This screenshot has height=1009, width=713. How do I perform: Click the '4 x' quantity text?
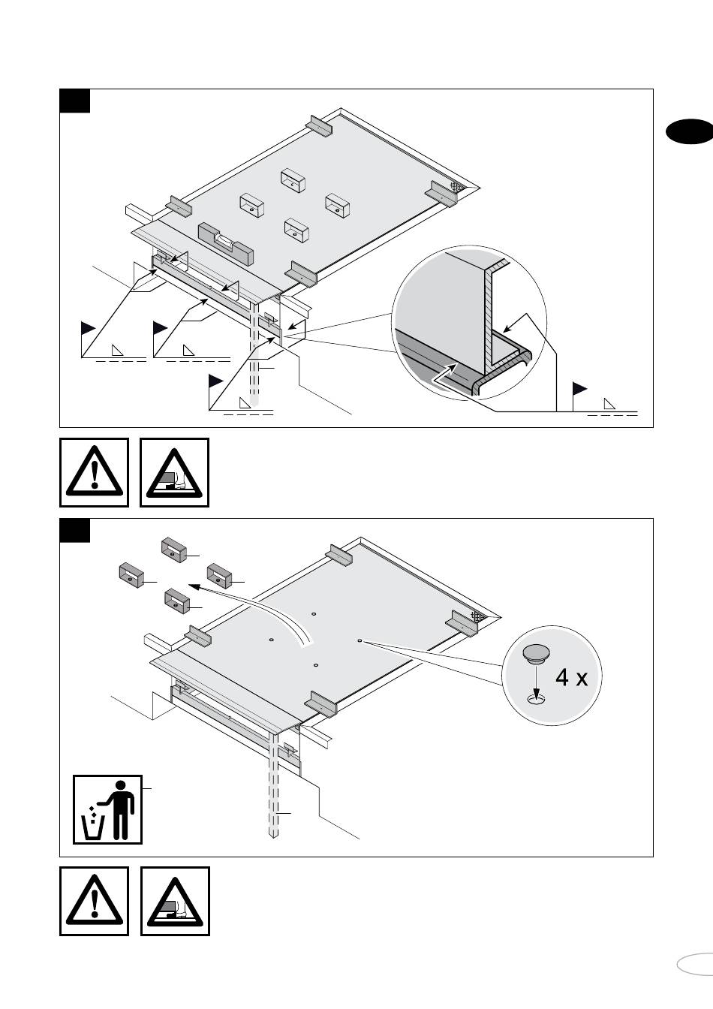(x=572, y=678)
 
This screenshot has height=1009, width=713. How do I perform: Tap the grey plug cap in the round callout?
(x=537, y=654)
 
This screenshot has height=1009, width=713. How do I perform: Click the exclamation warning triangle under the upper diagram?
(x=94, y=472)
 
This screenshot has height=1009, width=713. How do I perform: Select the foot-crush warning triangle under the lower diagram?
(x=175, y=901)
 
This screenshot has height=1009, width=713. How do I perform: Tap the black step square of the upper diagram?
(x=75, y=101)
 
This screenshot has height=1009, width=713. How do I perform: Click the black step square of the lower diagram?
(x=75, y=531)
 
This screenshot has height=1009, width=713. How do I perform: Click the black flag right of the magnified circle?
(x=579, y=389)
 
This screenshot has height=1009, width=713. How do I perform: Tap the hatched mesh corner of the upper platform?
(x=456, y=185)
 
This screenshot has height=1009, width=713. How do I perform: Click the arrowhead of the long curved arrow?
(x=193, y=585)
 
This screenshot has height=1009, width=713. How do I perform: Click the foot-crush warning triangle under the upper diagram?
(x=175, y=472)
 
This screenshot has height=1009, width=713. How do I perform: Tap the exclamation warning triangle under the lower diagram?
(x=94, y=901)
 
